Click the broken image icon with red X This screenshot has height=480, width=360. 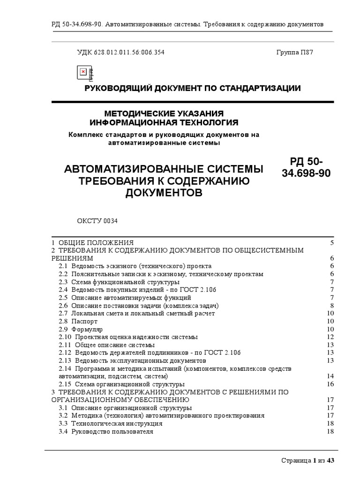tap(83, 72)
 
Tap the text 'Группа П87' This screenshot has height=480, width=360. tap(294, 52)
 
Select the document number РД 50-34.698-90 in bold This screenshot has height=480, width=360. tap(306, 167)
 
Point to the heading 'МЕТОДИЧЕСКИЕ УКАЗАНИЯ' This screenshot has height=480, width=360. tap(164, 114)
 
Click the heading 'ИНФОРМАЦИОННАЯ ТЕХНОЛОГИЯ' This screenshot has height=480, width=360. tap(164, 123)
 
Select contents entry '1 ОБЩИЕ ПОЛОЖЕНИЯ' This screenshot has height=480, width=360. tap(92, 243)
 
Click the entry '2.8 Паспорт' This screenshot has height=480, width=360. tap(78, 321)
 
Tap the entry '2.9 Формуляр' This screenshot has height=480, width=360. tap(81, 329)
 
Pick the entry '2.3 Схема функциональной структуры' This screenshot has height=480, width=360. tap(119, 282)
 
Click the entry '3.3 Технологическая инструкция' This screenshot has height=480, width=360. tap(111, 423)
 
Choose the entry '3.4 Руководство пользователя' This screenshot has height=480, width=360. tap(106, 431)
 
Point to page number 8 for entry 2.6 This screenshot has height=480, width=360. tap(331, 306)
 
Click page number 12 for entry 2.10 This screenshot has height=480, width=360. tap(330, 337)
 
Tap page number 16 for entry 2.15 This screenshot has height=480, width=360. tap(330, 384)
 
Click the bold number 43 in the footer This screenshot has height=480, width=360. tap(330, 461)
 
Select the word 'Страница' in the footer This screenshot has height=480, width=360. tap(295, 461)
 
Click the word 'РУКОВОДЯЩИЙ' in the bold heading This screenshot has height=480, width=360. tap(115, 88)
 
